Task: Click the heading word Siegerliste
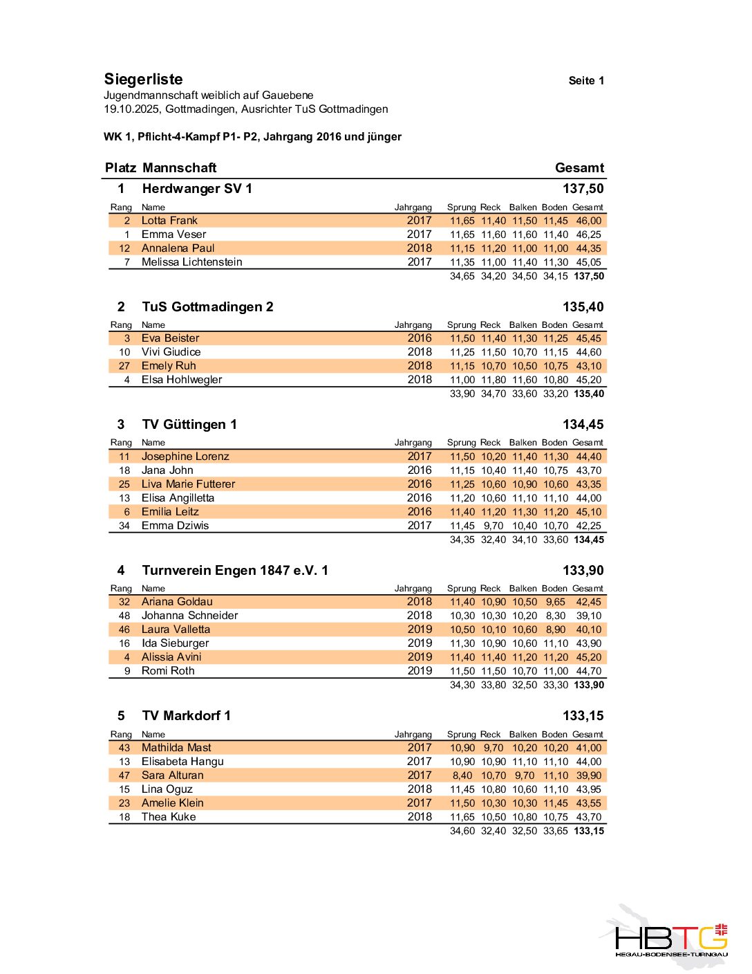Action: (143, 80)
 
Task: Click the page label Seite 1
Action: (586, 81)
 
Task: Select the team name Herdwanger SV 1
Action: (197, 189)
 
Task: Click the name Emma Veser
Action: (173, 235)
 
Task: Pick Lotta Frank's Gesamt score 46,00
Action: (588, 221)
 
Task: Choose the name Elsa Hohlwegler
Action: (182, 380)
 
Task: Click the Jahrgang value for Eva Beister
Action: (419, 338)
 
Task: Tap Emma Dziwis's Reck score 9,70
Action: (493, 526)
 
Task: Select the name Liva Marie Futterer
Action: (188, 484)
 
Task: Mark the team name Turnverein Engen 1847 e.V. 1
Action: (235, 571)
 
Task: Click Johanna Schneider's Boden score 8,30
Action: (556, 616)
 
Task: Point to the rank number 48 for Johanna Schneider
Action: (124, 616)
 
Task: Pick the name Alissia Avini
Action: (171, 657)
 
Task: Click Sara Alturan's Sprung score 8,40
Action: (462, 775)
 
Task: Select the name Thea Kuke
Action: (169, 817)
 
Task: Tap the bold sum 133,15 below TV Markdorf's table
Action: (589, 831)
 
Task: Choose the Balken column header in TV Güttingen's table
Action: (523, 443)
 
